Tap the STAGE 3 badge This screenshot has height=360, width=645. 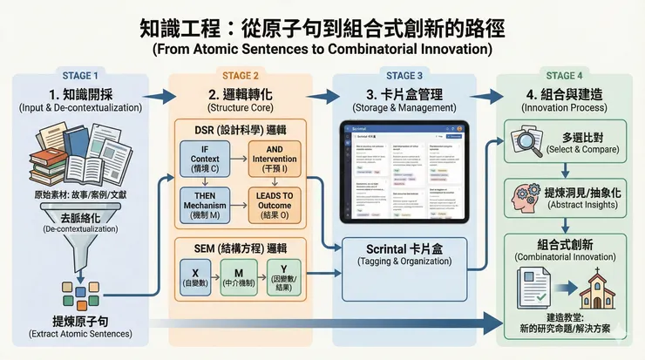click(404, 75)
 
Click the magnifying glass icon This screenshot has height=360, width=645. click(529, 140)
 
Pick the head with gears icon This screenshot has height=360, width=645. click(528, 193)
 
